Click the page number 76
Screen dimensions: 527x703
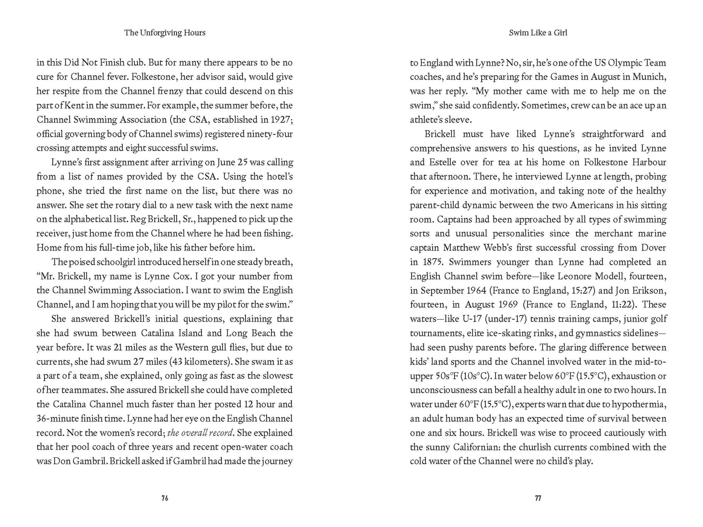tap(165, 498)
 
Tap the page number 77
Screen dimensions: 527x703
tap(538, 498)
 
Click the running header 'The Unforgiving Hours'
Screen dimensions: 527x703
tap(165, 33)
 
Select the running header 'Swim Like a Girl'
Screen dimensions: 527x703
tap(538, 33)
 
